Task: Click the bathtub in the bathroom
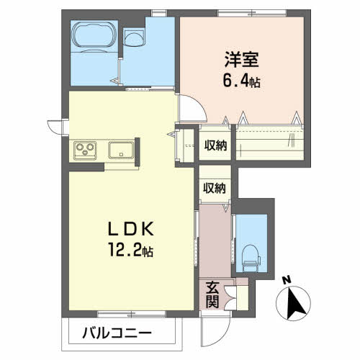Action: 94,36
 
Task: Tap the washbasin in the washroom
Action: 134,37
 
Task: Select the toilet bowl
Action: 251,258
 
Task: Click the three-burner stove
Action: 85,150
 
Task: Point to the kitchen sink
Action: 121,150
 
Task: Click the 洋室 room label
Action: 242,60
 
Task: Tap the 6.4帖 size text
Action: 242,81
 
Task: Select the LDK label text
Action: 131,229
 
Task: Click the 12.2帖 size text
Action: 131,250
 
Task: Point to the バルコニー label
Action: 117,333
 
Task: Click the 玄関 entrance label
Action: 212,294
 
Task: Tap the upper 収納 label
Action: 215,145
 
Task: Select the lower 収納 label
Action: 215,188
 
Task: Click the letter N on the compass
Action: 287,280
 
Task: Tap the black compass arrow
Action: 296,304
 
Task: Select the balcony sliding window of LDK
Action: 132,314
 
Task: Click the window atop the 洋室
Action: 252,13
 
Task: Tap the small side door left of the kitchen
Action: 55,127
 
